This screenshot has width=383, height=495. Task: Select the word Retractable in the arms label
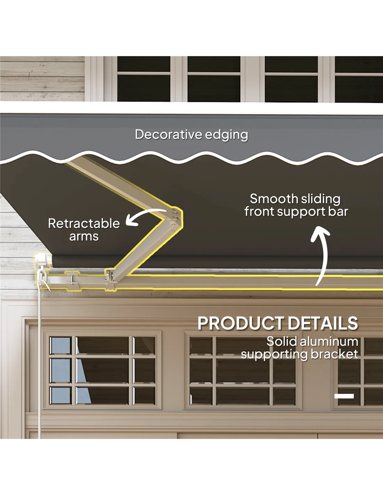click(x=84, y=223)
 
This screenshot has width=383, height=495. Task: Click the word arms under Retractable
click(x=84, y=236)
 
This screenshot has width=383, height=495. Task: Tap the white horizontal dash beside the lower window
click(x=344, y=396)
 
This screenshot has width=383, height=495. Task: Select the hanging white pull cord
click(x=39, y=348)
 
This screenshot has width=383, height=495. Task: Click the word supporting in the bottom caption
click(x=274, y=354)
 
